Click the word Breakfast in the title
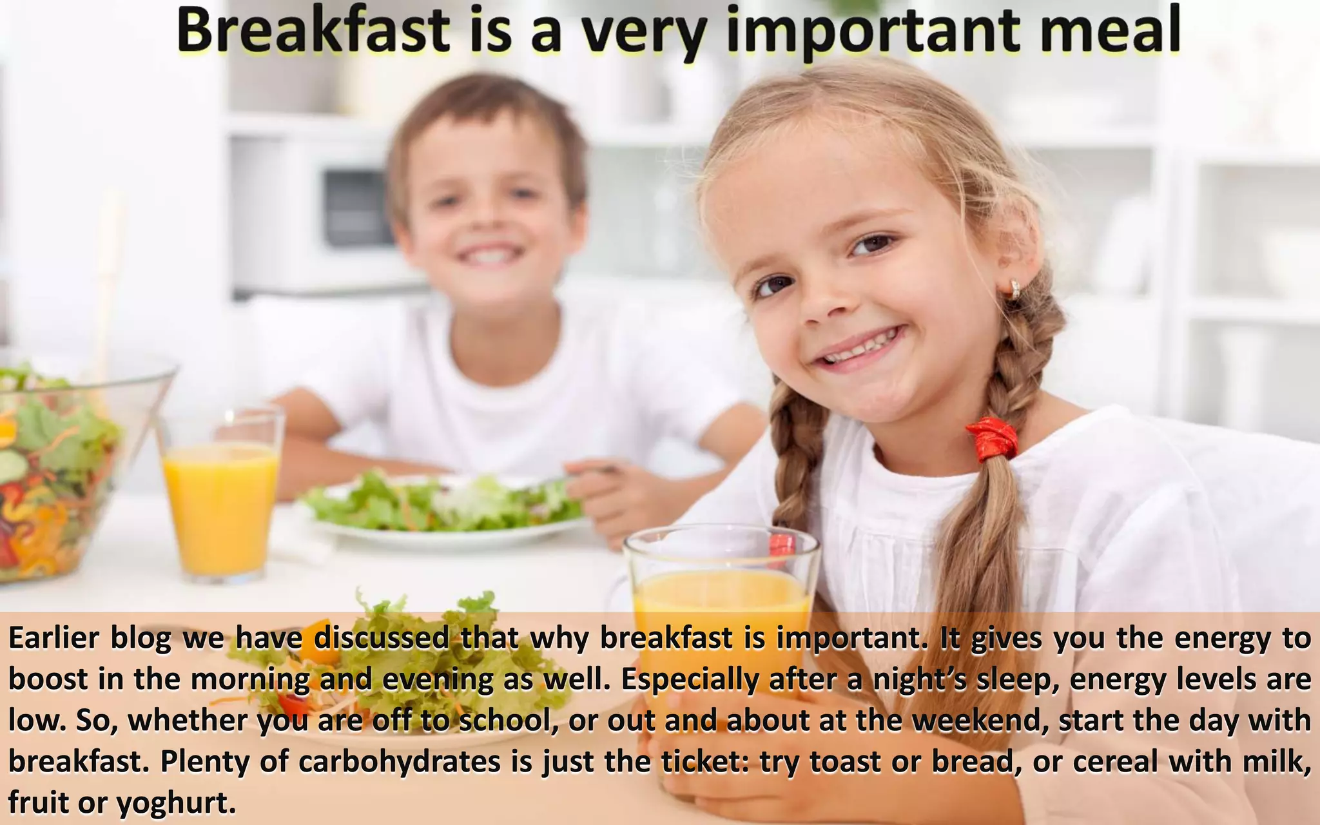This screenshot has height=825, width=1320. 313,31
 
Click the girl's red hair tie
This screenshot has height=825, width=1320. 993,438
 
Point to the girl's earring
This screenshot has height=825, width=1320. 1014,288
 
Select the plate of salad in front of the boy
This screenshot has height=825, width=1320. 445,509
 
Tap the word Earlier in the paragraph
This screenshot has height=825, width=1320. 54,638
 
